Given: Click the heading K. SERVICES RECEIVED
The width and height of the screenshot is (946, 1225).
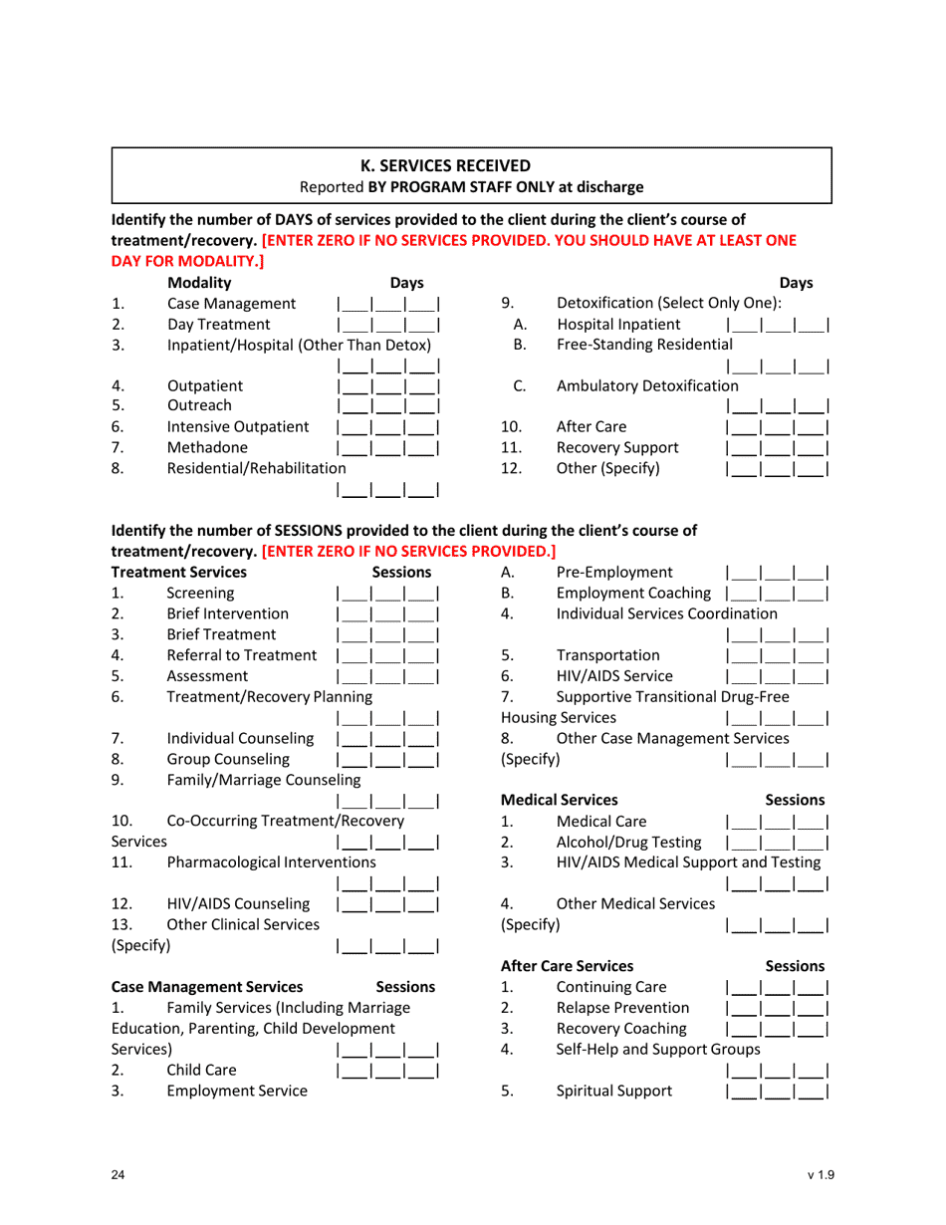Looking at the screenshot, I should click(x=473, y=166).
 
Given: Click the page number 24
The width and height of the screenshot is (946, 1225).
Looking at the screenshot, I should click(x=118, y=1176).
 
